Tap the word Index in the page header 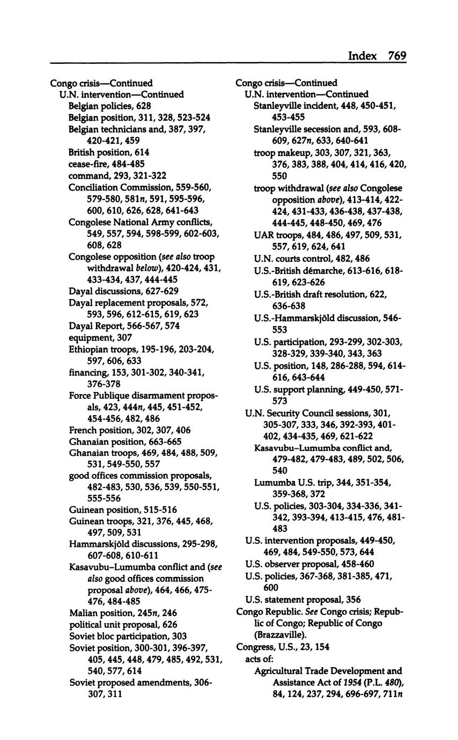coord(363,56)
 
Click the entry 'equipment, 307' coord(100,338)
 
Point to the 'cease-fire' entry coord(106,164)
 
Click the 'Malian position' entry coord(123,613)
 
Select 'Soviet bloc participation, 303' coord(128,637)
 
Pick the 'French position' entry coord(122,430)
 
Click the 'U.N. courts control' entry coord(312,258)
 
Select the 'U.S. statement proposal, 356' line coord(303,600)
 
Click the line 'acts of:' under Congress coord(260,659)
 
